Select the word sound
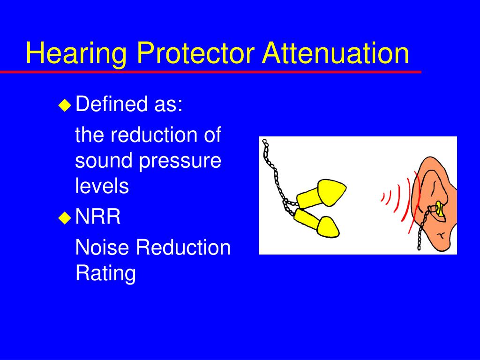coord(104,161)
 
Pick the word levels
coord(102,186)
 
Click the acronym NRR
coord(98,217)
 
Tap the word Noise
coord(102,247)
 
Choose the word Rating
coord(105,273)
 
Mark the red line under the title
coord(211,72)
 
